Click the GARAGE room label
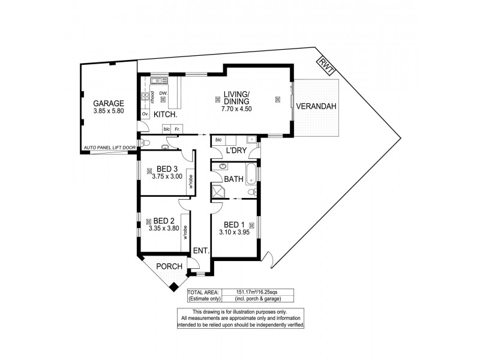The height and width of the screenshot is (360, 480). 109,103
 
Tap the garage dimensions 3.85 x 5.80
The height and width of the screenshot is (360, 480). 109,111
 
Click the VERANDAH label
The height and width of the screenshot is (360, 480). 316,107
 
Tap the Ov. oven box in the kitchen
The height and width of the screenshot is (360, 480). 145,113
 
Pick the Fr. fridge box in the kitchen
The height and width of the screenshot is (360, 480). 178,129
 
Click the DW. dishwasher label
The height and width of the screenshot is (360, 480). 163,93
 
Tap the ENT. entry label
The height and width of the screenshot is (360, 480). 200,252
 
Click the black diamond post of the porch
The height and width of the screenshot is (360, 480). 175,287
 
